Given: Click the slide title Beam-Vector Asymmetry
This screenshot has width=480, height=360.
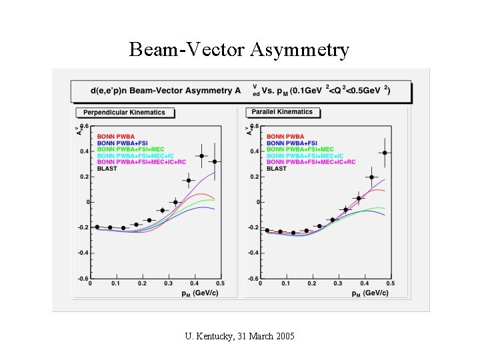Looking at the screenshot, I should pyautogui.click(x=239, y=49).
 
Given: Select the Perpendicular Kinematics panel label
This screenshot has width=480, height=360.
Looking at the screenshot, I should pyautogui.click(x=124, y=113).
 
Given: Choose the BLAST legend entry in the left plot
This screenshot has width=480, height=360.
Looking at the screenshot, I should pyautogui.click(x=106, y=169).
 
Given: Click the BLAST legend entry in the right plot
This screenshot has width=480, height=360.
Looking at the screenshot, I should pyautogui.click(x=276, y=169).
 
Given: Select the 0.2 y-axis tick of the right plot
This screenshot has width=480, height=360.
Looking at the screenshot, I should pyautogui.click(x=253, y=177).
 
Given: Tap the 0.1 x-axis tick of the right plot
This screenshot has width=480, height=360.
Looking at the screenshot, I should pyautogui.click(x=287, y=283).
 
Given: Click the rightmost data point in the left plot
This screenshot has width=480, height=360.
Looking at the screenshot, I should pyautogui.click(x=215, y=161).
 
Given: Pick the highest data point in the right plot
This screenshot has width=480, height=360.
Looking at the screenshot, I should pyautogui.click(x=385, y=153).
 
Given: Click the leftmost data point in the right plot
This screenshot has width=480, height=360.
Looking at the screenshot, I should pyautogui.click(x=267, y=230).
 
